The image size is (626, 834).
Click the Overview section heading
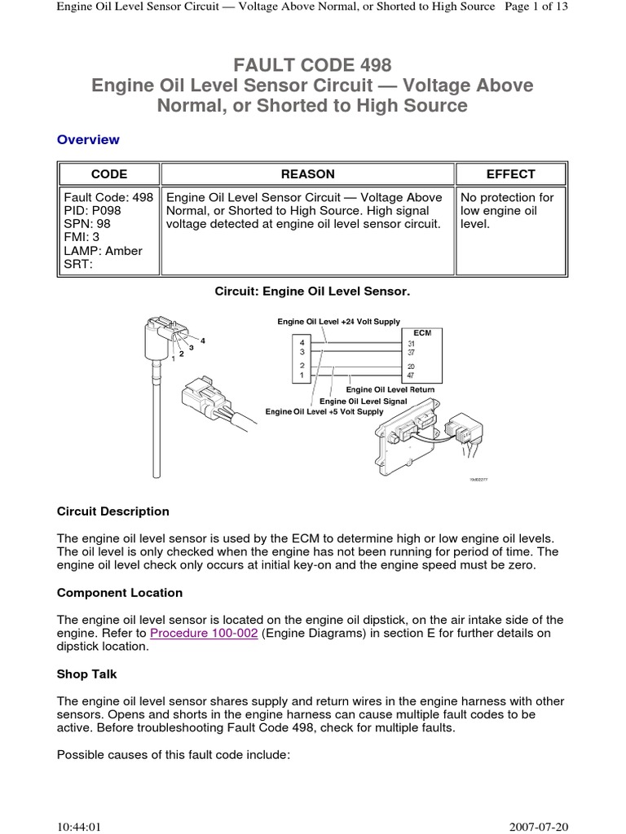[x=88, y=139]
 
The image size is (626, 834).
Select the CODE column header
[x=108, y=173]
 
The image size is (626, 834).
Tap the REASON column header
[x=307, y=173]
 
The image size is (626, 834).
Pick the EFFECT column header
[x=510, y=173]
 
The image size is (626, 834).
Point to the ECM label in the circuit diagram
[x=422, y=332]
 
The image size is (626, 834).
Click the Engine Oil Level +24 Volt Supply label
[x=338, y=322]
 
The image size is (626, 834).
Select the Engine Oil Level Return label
[x=390, y=389]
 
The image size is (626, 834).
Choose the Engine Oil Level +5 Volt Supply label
[x=324, y=412]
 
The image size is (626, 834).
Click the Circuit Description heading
[x=113, y=511]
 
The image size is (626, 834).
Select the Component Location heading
[x=120, y=592]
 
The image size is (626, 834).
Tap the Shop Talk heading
[x=87, y=674]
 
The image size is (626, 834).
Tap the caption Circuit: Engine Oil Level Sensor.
[x=312, y=290]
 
